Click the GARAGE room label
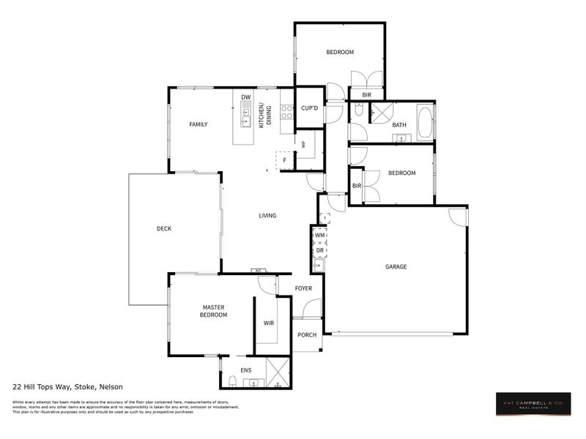tap(396, 267)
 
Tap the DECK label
tap(164, 229)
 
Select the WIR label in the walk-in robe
tap(269, 323)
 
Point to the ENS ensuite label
tap(246, 371)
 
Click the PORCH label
tap(307, 335)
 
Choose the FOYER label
tap(303, 288)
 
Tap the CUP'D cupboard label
tap(310, 108)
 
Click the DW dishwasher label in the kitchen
tap(246, 97)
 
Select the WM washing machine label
tap(319, 236)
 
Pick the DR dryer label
tap(319, 251)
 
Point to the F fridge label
tap(286, 160)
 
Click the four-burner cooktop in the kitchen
tap(286, 113)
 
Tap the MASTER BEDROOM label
tap(214, 311)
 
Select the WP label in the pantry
tap(303, 144)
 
